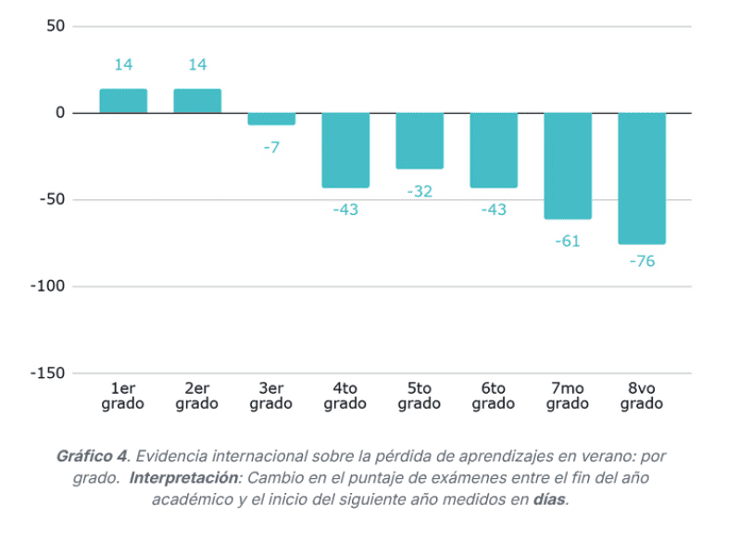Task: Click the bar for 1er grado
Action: (x=123, y=101)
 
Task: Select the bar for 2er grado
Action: (x=197, y=101)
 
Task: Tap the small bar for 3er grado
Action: (x=271, y=119)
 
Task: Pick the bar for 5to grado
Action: (x=420, y=141)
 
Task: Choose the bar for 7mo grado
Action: (x=568, y=166)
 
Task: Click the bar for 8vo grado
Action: (x=642, y=179)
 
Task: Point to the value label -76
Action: (x=642, y=261)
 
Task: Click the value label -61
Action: (x=568, y=241)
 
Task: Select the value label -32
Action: (x=420, y=191)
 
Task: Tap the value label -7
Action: (x=271, y=146)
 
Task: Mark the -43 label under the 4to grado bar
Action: (x=345, y=209)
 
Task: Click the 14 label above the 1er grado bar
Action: (x=123, y=65)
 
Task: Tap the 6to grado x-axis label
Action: (x=494, y=396)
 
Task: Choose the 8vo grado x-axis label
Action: (x=642, y=396)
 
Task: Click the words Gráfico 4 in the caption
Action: (x=92, y=457)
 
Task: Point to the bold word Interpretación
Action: (x=184, y=478)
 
